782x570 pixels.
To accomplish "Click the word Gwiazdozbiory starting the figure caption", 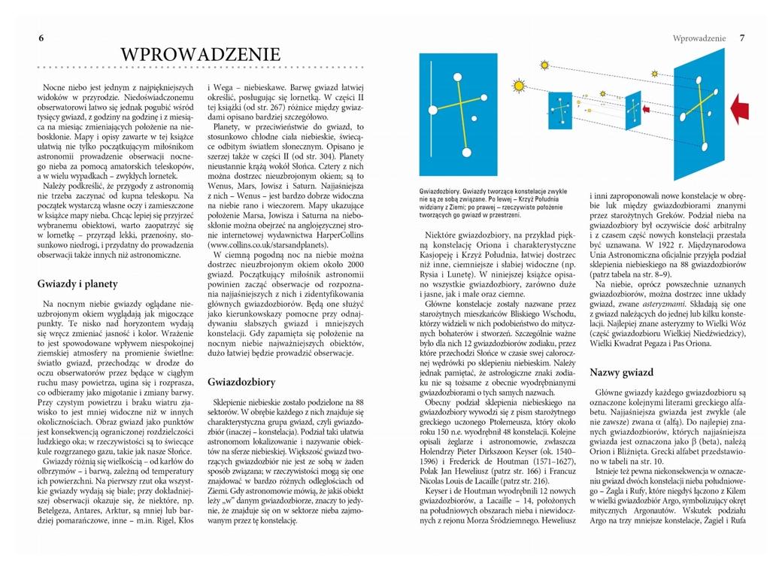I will (443, 193).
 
